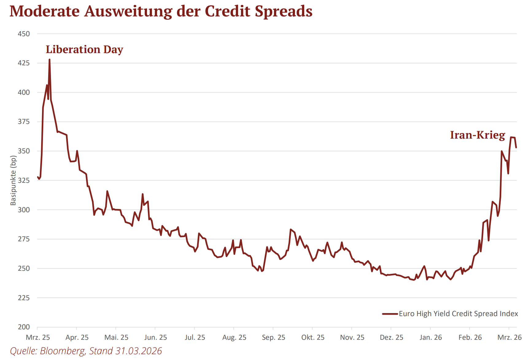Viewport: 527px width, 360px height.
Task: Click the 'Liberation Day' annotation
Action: coord(84,49)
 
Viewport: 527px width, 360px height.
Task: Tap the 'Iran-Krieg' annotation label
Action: coord(477,135)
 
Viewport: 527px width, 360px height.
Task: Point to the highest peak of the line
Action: coord(49,60)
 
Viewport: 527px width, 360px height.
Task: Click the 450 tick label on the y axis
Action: coord(24,34)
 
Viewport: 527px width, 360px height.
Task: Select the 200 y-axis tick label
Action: coord(24,327)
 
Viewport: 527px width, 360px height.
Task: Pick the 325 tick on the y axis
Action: coord(24,180)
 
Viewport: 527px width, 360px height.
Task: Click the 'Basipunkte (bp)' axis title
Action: coord(13,180)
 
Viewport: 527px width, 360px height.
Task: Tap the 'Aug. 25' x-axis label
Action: coord(234,338)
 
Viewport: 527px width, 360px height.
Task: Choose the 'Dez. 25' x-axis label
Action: coord(391,338)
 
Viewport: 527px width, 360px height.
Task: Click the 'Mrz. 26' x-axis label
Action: coord(509,338)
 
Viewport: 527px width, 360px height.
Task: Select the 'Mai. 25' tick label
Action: coord(116,338)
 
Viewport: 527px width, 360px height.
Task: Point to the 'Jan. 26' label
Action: coord(431,338)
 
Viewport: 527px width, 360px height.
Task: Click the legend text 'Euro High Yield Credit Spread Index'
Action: coord(458,314)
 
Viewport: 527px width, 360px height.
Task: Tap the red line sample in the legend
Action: coord(390,314)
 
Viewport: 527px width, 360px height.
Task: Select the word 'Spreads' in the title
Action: coord(284,11)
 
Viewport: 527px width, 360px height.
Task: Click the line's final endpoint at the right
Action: coord(516,147)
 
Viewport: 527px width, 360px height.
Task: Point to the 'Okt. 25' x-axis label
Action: coord(313,338)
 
